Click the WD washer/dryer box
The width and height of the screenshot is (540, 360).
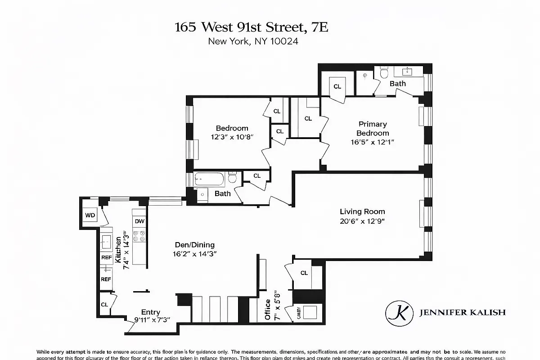(x=90, y=215)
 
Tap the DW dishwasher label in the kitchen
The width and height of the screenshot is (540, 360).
(x=139, y=221)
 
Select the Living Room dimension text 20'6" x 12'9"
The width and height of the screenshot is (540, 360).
(x=362, y=221)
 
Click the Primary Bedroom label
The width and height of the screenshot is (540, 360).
(x=373, y=128)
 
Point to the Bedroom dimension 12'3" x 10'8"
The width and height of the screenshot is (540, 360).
(x=232, y=137)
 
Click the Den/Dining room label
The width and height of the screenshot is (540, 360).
(x=195, y=245)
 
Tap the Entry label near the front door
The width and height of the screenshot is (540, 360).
(x=150, y=312)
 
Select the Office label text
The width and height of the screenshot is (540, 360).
(x=268, y=310)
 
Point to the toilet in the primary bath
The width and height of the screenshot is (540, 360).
(x=384, y=72)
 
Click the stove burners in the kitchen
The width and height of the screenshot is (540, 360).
(x=139, y=238)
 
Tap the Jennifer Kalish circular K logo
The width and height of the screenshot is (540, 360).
(x=399, y=312)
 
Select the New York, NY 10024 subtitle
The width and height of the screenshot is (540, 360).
(x=253, y=41)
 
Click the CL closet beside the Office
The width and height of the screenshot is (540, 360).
(x=304, y=273)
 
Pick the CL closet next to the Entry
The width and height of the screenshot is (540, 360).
(x=104, y=305)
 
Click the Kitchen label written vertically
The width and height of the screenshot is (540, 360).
(x=119, y=250)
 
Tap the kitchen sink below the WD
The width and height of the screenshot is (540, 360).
(x=107, y=242)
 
